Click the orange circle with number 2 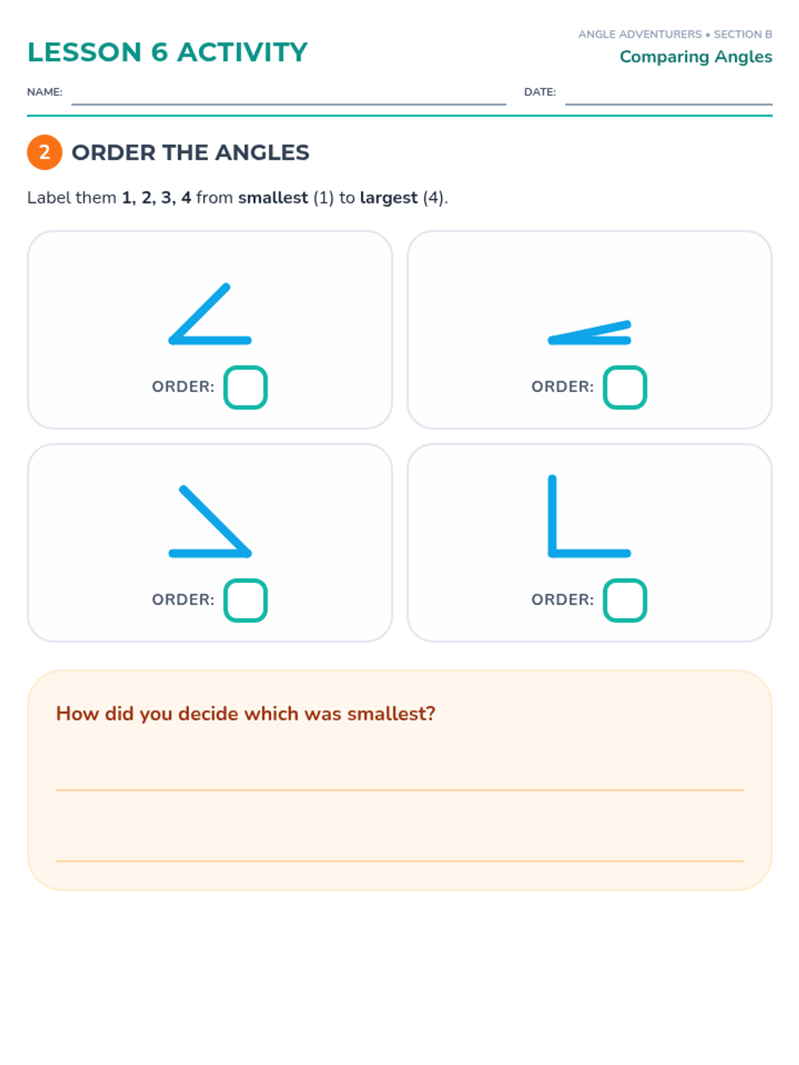[44, 152]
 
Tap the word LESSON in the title [85, 52]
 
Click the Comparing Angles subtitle [695, 57]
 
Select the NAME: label [45, 92]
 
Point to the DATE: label [539, 92]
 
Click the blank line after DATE [668, 104]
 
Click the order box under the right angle [625, 600]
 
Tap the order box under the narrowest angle [625, 387]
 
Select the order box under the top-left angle [245, 387]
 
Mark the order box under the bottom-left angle [245, 600]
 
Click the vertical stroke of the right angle [551, 516]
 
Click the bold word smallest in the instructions [272, 198]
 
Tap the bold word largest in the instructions [388, 198]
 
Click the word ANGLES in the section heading [262, 152]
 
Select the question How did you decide [246, 714]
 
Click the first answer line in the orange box [400, 790]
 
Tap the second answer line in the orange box [400, 861]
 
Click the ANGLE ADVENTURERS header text [639, 35]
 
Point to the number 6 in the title [159, 52]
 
